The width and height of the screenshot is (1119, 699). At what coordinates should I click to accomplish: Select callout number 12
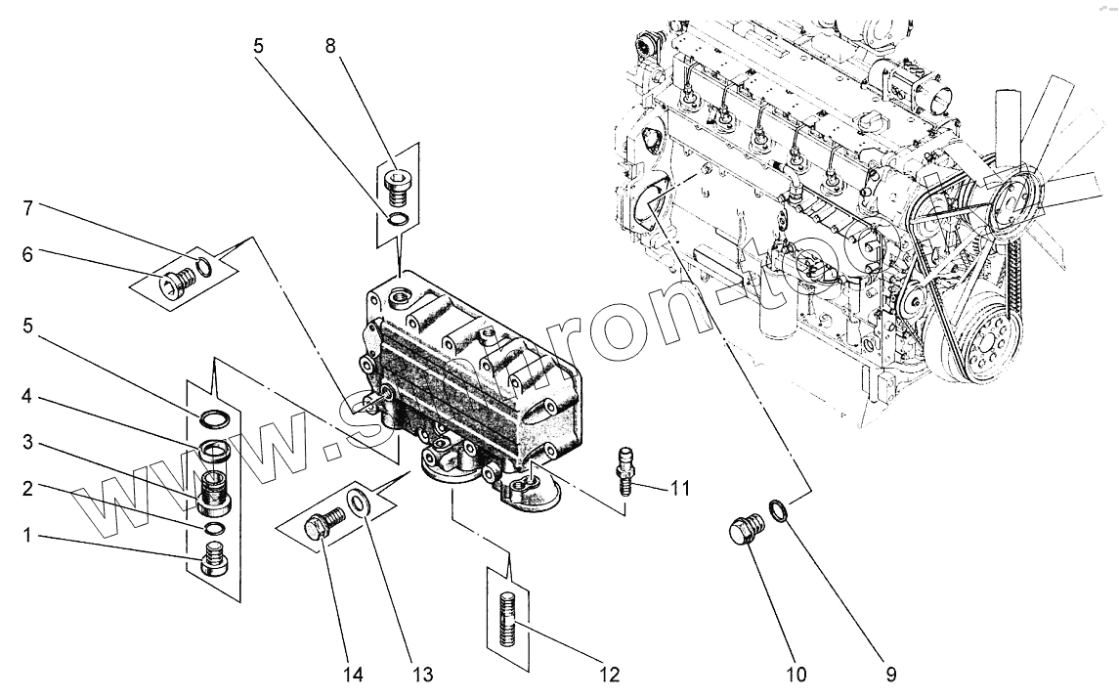pos(610,674)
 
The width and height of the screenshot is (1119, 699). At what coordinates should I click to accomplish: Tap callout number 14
pos(353,674)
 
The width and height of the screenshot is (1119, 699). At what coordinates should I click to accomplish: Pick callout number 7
pos(28,208)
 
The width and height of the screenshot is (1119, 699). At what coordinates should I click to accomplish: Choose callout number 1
pos(28,538)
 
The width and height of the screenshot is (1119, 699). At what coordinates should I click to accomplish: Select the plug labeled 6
pos(179,281)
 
